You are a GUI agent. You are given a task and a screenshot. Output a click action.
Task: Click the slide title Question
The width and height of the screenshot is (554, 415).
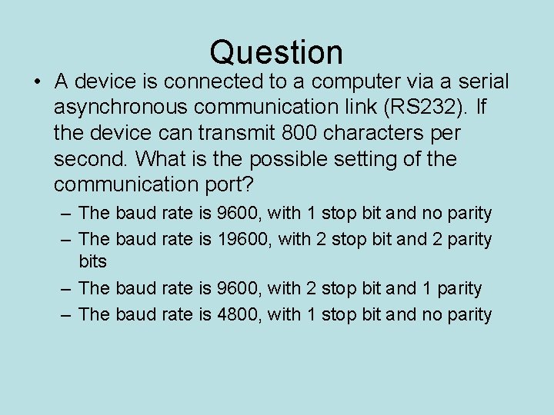pyautogui.click(x=276, y=52)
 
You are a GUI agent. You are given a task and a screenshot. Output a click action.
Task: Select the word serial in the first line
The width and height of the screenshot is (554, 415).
pyautogui.click(x=478, y=81)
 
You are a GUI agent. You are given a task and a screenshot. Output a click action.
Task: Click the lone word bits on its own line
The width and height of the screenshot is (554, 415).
pyautogui.click(x=93, y=261)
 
